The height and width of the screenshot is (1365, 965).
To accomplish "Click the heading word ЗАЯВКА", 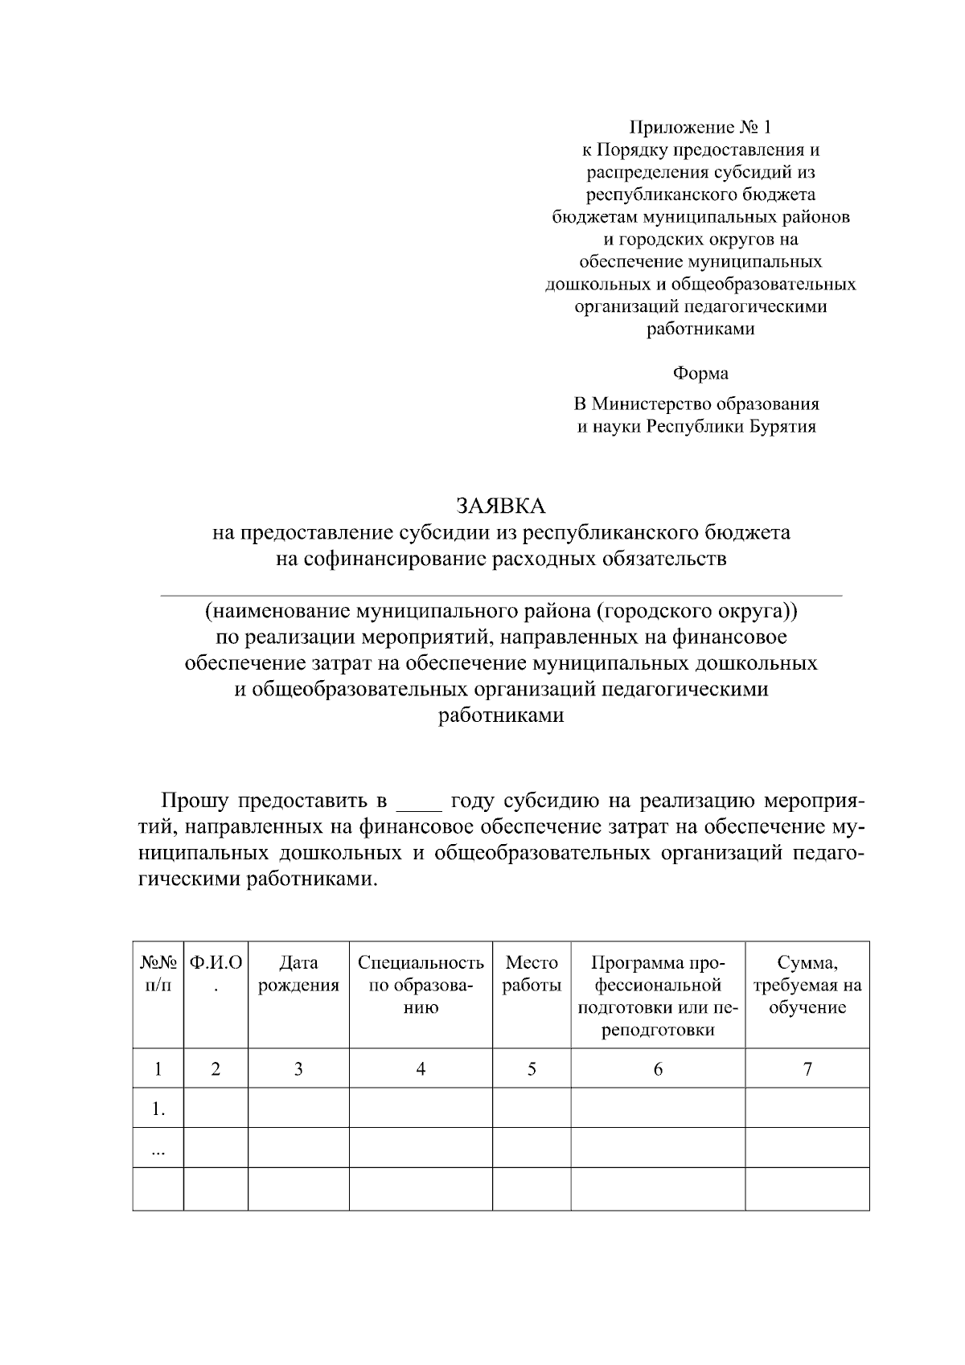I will (501, 506).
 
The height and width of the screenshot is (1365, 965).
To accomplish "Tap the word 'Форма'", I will (700, 374).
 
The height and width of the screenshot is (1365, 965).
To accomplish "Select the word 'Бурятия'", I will (782, 427).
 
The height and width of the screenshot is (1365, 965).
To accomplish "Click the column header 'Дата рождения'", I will (298, 974).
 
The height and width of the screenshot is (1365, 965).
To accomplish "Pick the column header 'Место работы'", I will (532, 974).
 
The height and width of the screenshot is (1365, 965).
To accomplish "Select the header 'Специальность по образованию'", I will (421, 985).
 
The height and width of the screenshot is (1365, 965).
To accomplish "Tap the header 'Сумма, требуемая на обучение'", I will (807, 985).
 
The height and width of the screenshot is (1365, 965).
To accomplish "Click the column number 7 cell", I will (807, 1069).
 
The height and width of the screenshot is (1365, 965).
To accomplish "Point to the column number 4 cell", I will (421, 1069).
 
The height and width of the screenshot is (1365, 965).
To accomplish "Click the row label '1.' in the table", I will (158, 1110).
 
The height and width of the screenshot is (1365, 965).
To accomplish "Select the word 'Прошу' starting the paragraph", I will (195, 801).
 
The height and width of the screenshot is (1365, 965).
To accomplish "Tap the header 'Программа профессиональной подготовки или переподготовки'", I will (658, 996).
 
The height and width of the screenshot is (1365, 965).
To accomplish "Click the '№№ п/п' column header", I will (158, 974).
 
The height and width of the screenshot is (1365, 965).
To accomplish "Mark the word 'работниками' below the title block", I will (501, 716).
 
